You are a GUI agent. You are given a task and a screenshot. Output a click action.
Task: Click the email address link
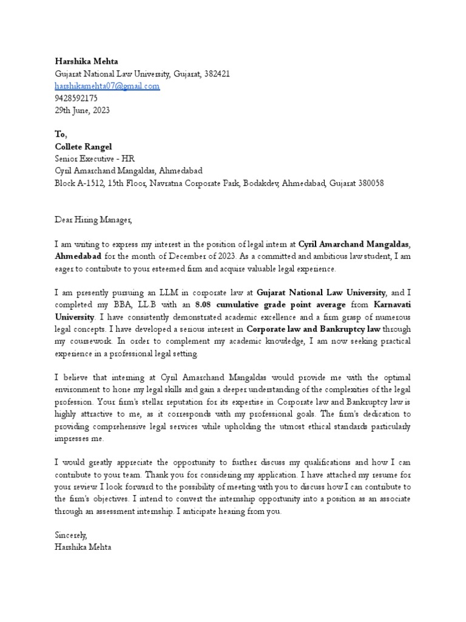pyautogui.click(x=107, y=86)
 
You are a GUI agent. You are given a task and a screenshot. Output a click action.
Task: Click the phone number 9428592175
pyautogui.click(x=76, y=98)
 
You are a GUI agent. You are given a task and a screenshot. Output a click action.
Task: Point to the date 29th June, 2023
pyautogui.click(x=82, y=111)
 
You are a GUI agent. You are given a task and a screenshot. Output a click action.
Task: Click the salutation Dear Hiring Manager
pyautogui.click(x=93, y=220)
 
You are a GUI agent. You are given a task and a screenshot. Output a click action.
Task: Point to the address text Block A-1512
pyautogui.click(x=79, y=183)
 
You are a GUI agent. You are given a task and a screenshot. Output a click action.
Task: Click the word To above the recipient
pyautogui.click(x=61, y=135)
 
